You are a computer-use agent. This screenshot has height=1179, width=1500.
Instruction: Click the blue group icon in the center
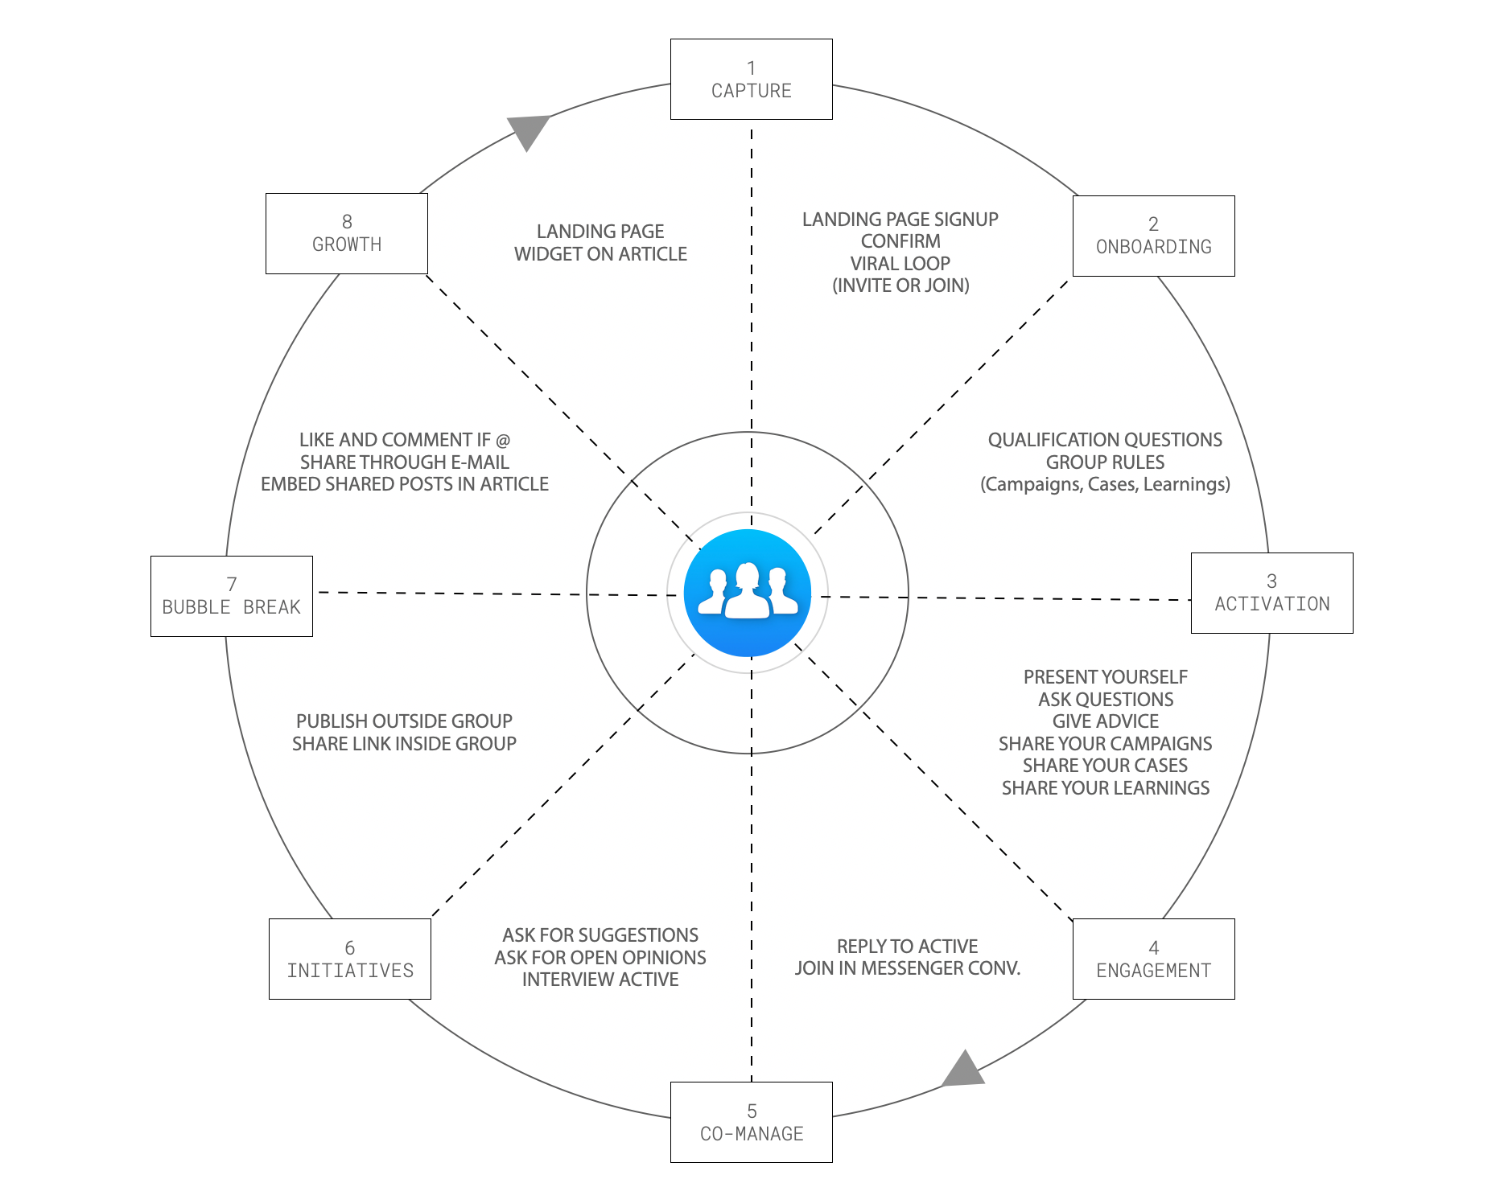748,594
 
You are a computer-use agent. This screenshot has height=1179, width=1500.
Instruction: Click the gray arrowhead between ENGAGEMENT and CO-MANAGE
964,1070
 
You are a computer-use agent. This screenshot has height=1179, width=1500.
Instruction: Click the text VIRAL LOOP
900,263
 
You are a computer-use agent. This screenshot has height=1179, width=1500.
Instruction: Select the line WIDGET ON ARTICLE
600,254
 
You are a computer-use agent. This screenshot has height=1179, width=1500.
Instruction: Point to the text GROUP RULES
1105,462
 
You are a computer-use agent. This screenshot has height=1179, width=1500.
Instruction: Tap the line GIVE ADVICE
1106,721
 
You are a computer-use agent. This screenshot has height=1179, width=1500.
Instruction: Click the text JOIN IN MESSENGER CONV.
908,968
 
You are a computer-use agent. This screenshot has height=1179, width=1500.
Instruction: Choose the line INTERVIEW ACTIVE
600,980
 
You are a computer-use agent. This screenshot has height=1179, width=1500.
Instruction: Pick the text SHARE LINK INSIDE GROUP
404,744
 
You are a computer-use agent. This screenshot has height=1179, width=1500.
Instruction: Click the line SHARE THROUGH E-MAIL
405,462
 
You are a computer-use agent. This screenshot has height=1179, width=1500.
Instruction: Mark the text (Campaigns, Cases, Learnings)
1105,484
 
